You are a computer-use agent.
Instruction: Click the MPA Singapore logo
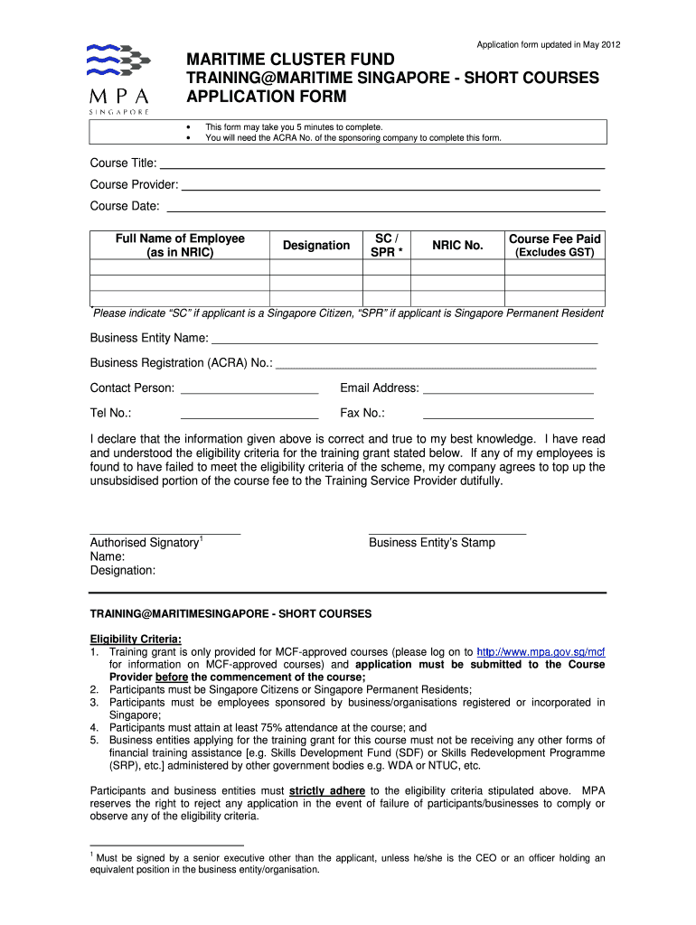(x=118, y=78)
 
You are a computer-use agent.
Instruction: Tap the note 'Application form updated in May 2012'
(x=549, y=44)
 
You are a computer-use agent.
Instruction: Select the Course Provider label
(x=134, y=184)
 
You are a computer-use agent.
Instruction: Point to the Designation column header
(x=315, y=245)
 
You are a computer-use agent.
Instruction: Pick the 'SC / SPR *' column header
(x=386, y=245)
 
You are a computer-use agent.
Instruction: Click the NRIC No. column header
(x=457, y=245)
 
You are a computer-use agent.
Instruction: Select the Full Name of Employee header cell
(x=180, y=245)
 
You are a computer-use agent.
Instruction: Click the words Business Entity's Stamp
(x=432, y=543)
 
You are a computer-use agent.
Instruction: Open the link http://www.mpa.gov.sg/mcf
(x=541, y=651)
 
